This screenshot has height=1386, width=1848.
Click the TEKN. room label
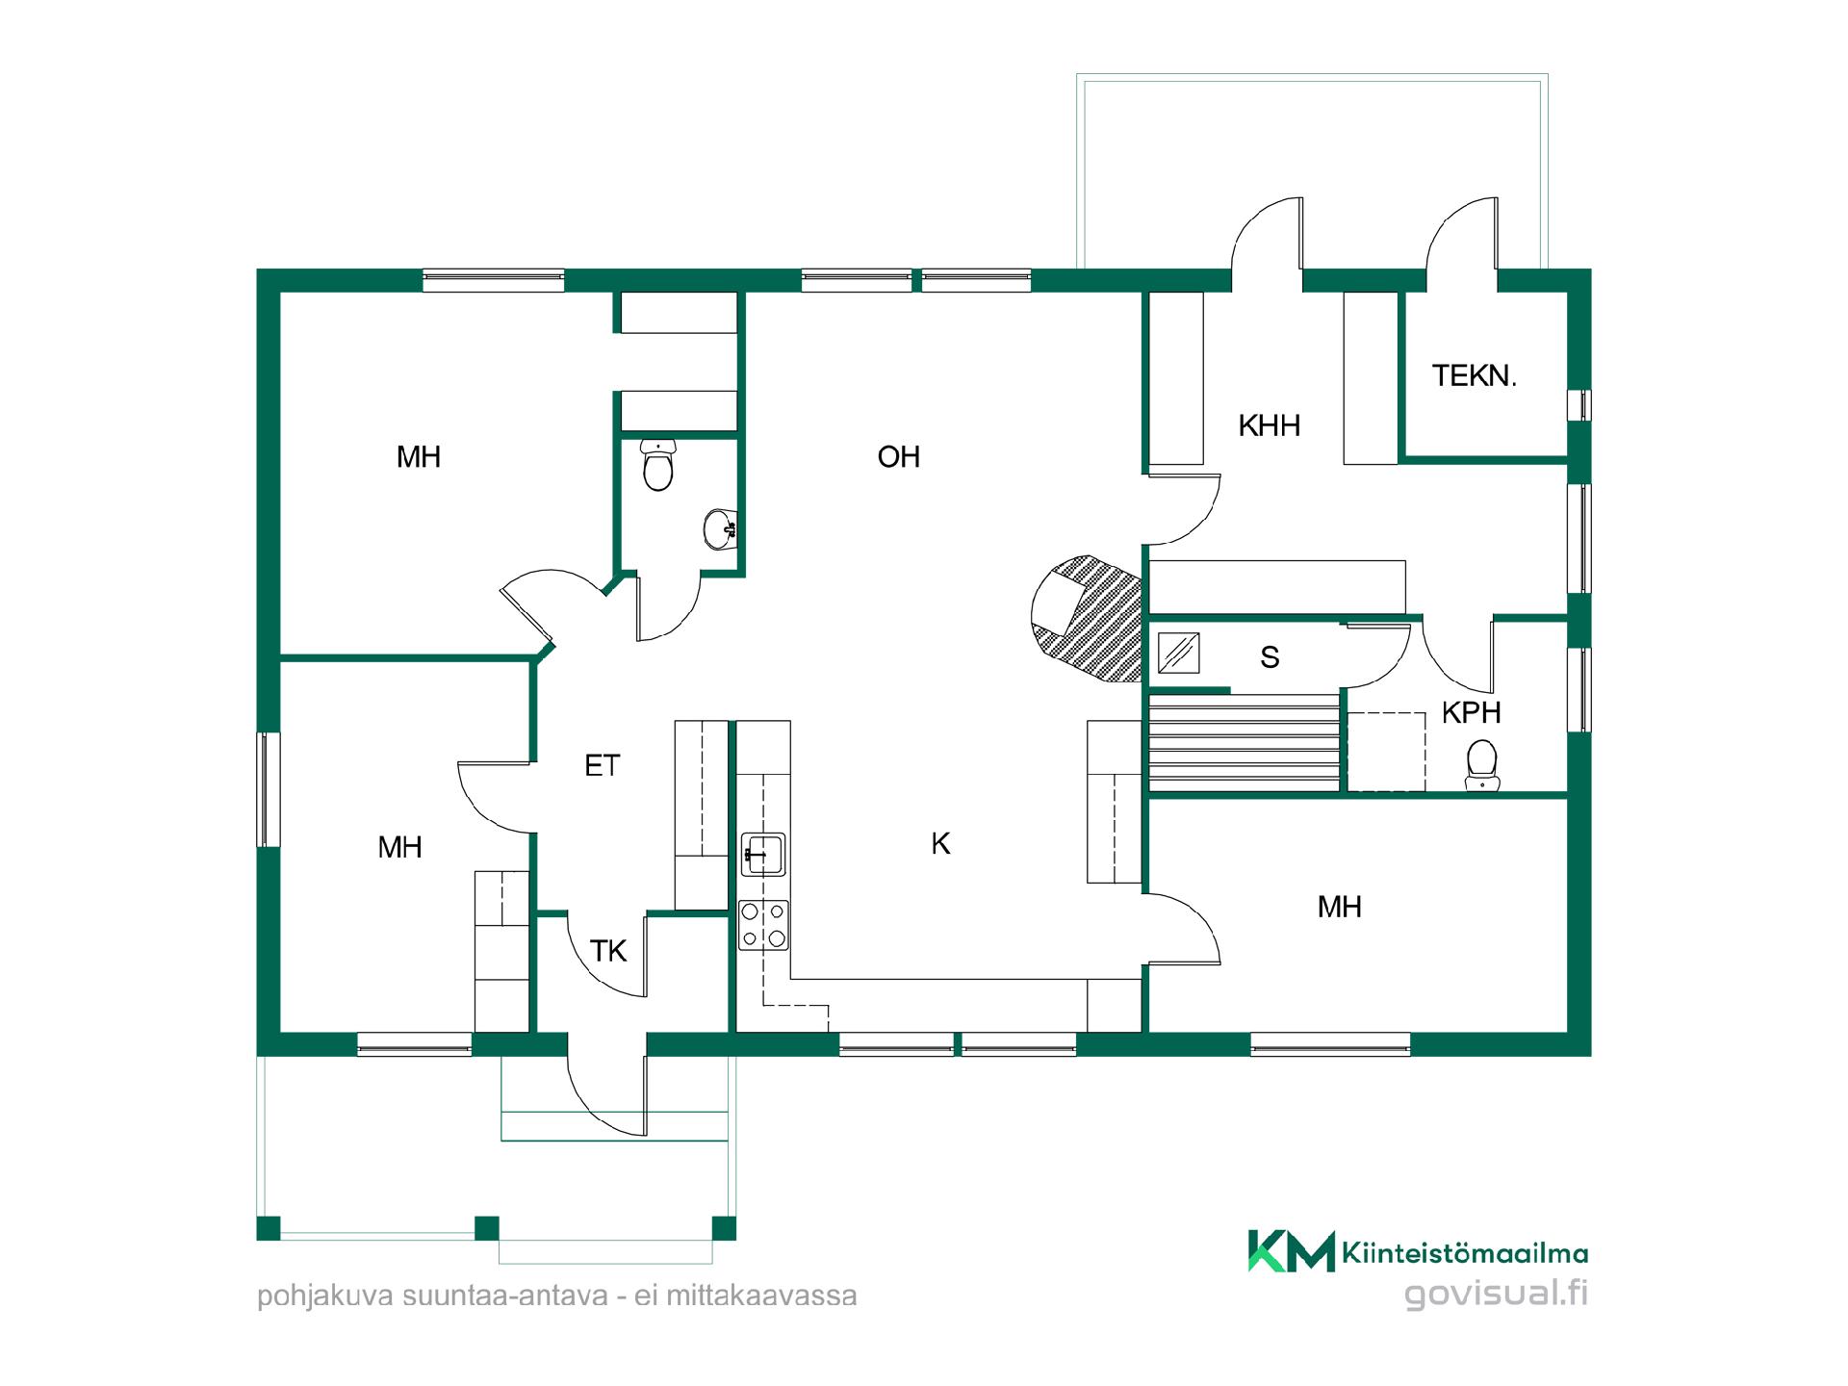(x=1474, y=375)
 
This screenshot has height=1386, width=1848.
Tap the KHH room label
(x=1270, y=425)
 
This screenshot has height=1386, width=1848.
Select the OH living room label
(x=899, y=456)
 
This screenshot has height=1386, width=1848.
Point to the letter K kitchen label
(x=940, y=843)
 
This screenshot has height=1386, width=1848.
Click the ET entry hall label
(x=603, y=765)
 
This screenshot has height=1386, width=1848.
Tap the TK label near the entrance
(x=608, y=951)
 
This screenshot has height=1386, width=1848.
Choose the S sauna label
(x=1270, y=657)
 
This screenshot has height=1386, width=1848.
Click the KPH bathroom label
(x=1472, y=712)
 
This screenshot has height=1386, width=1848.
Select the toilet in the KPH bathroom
(x=1482, y=765)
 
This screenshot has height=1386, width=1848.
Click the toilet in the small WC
(x=657, y=465)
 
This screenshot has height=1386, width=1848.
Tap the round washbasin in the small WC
(x=720, y=528)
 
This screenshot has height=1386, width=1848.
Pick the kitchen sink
(x=764, y=854)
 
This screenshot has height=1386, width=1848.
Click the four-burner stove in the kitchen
(x=764, y=925)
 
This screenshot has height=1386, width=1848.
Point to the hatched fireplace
(x=1088, y=619)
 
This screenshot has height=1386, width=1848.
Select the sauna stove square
(x=1178, y=652)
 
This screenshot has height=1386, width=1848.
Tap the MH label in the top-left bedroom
(x=419, y=456)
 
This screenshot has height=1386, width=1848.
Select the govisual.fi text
(x=1496, y=1293)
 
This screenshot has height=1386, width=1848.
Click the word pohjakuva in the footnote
(x=325, y=1296)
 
